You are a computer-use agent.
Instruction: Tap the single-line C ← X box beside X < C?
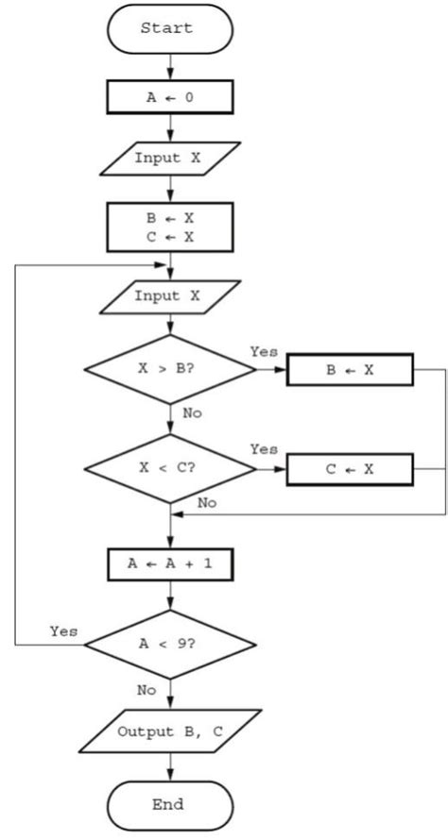point(350,467)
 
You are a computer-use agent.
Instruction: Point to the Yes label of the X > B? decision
point(265,351)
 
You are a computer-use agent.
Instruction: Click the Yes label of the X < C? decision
point(265,449)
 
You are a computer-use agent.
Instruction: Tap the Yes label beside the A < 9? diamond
point(64,630)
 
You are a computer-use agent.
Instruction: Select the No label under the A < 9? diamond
point(146,690)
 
